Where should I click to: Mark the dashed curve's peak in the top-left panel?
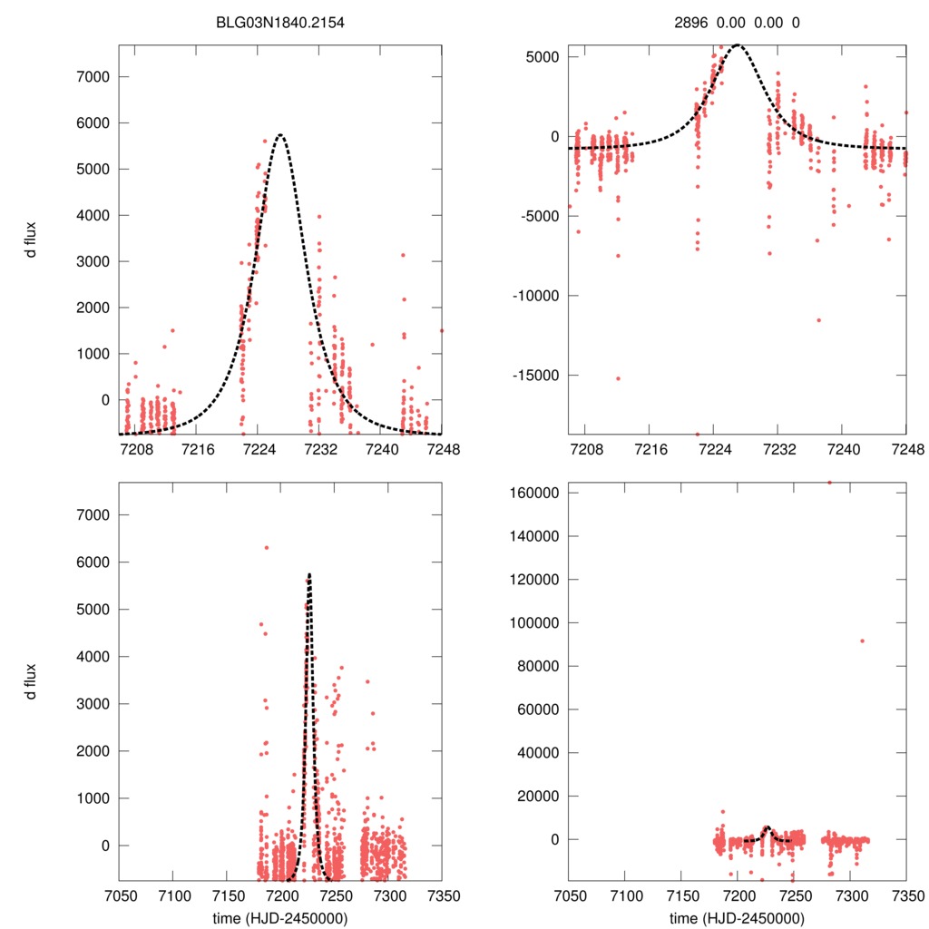click(x=280, y=135)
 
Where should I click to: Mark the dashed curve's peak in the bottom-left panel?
click(x=309, y=574)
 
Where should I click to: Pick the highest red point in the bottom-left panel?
click(x=266, y=548)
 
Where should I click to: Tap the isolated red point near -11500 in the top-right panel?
click(x=818, y=319)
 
